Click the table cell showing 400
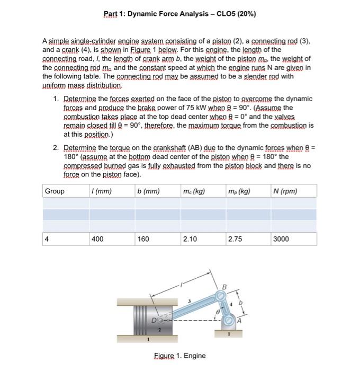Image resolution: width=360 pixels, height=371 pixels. pyautogui.click(x=97, y=239)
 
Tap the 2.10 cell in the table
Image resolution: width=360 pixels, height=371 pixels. pyautogui.click(x=189, y=239)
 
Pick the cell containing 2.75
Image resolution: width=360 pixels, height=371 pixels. pyautogui.click(x=235, y=239)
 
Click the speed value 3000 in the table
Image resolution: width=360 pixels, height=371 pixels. pyautogui.click(x=281, y=239)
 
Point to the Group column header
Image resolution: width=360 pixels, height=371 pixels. pyautogui.click(x=55, y=191)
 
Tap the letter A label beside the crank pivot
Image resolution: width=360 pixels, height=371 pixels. pyautogui.click(x=240, y=320)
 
